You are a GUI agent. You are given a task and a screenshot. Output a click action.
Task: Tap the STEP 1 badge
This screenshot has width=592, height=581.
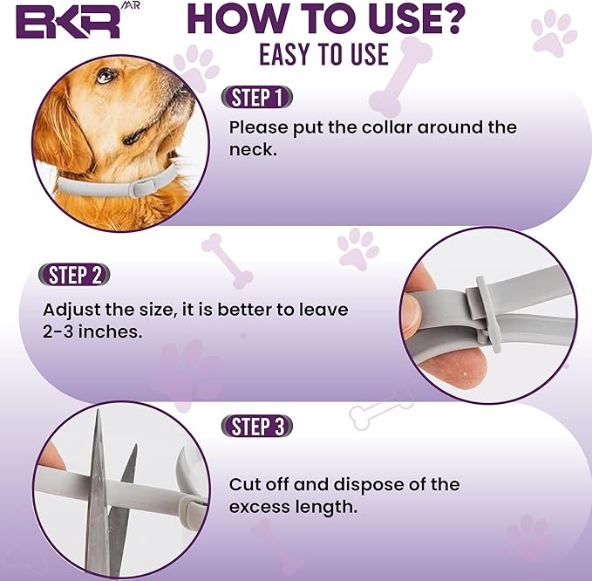point(256,97)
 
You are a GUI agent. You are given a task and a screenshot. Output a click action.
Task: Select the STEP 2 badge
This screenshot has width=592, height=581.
point(75,276)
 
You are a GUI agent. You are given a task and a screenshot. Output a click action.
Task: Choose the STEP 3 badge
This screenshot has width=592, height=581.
point(256,427)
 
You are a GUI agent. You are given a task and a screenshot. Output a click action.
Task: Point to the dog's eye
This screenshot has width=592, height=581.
point(105,77)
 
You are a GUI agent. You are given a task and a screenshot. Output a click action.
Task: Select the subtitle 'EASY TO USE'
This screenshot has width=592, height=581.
point(323,54)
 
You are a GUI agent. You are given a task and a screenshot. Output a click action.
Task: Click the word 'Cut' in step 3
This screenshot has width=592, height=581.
point(245,484)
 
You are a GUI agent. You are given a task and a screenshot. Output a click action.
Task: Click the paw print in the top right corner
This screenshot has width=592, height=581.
point(554,32)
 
